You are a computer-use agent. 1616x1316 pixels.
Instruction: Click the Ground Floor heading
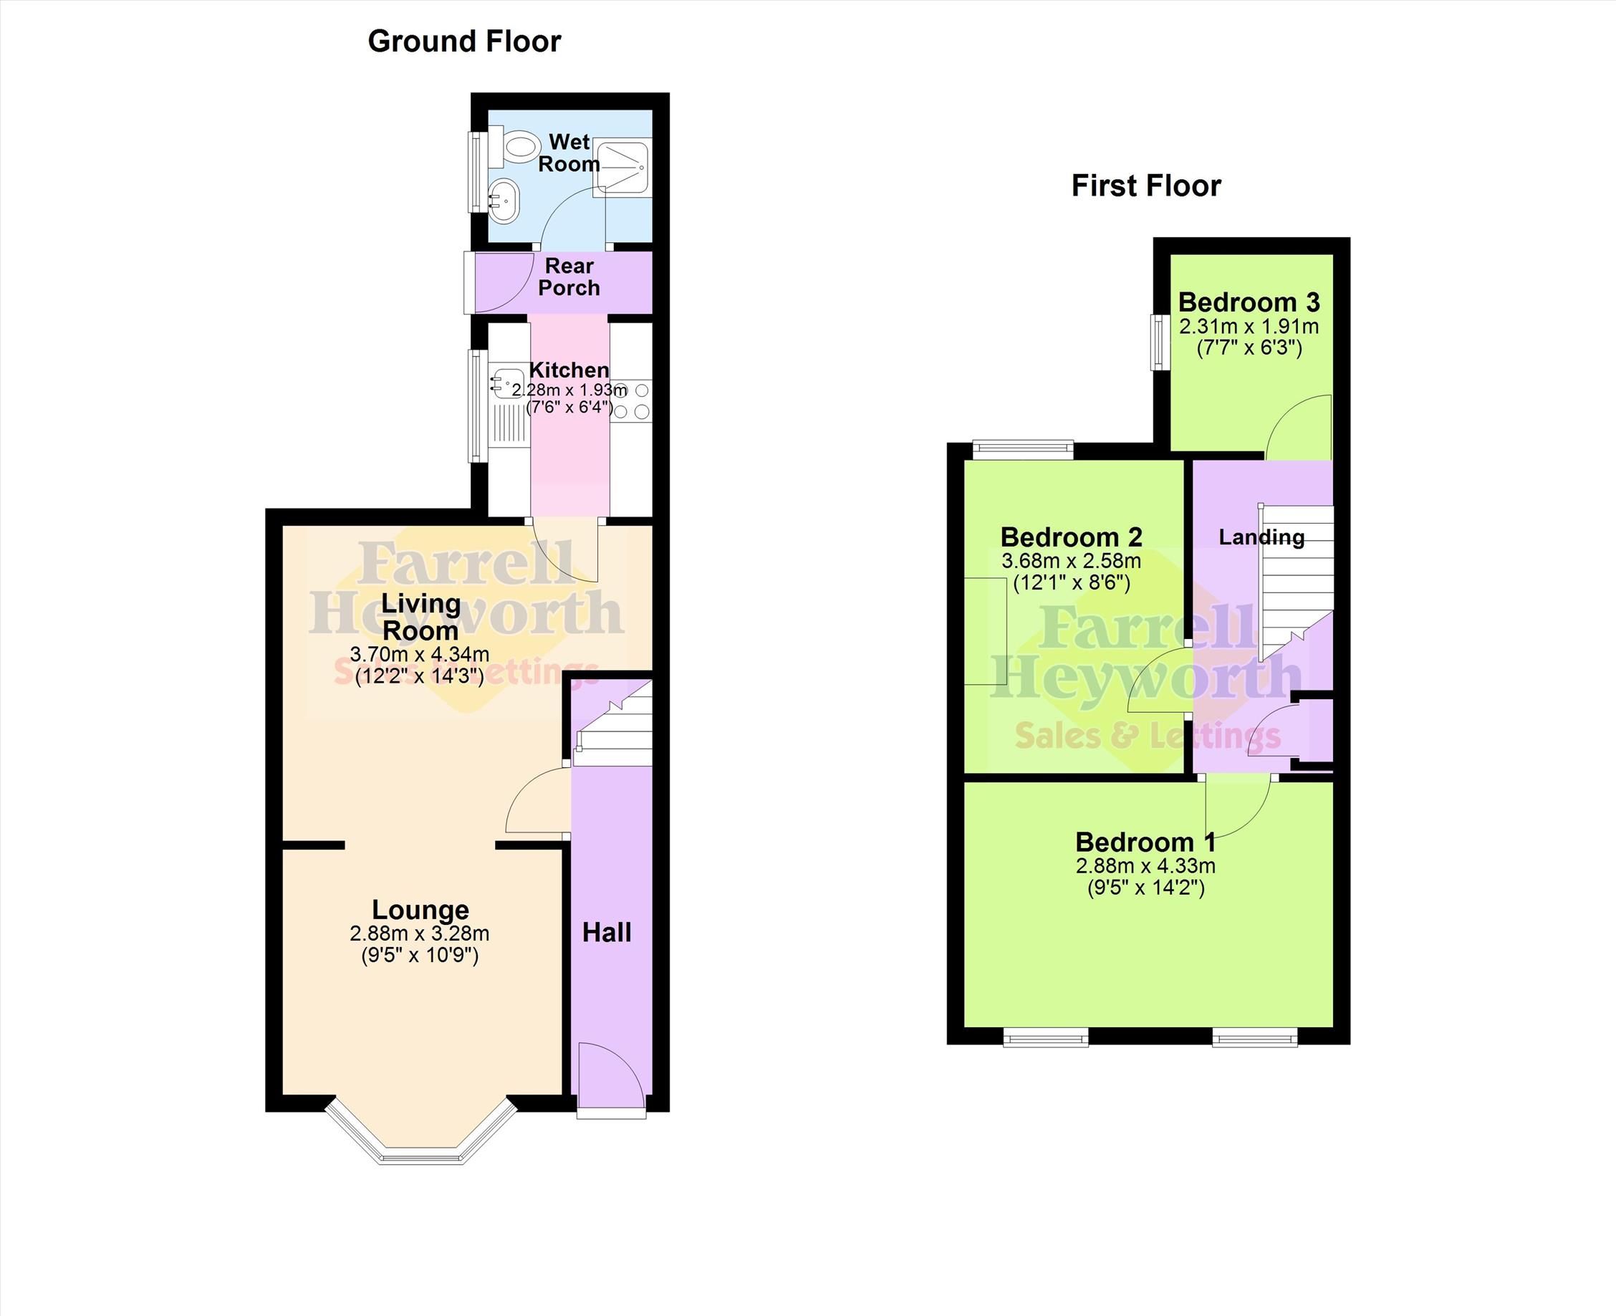(464, 42)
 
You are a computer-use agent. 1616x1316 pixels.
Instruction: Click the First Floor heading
(1146, 186)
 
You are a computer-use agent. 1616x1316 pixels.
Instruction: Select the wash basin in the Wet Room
(502, 201)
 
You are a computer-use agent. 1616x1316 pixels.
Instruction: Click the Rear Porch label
(569, 277)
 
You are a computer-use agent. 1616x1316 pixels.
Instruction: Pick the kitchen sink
(507, 383)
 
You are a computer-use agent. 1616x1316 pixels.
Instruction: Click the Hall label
(607, 933)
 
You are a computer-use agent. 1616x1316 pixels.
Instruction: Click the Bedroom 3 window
(1159, 342)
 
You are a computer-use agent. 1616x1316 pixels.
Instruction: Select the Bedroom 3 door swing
(1299, 427)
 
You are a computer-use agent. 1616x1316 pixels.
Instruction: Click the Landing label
(1261, 537)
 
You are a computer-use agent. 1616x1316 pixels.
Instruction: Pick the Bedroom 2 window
(1024, 451)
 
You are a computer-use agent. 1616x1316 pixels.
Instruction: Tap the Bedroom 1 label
(1145, 842)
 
